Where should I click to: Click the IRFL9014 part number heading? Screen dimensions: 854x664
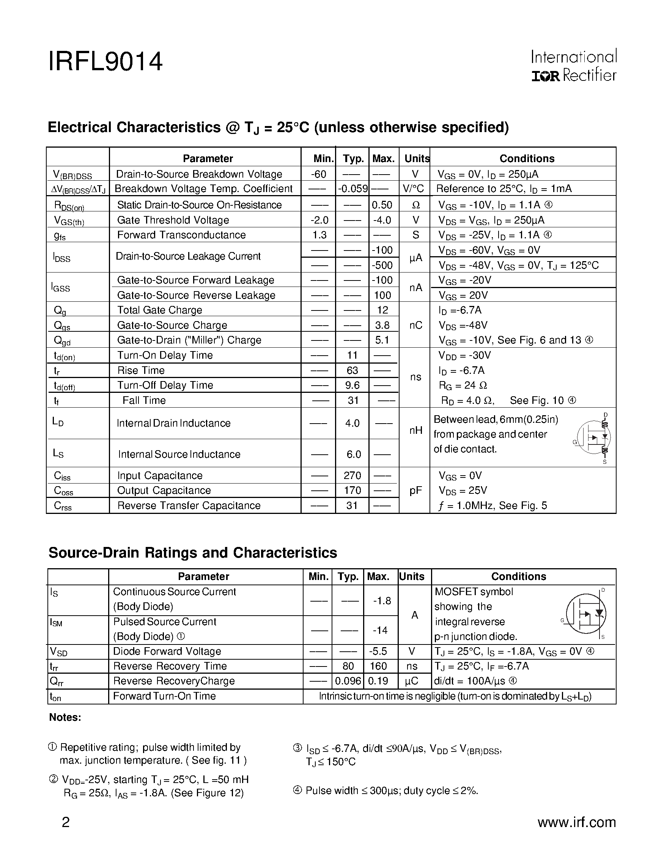105,62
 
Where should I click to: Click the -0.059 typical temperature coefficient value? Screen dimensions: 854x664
352,189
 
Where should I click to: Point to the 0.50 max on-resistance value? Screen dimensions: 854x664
382,205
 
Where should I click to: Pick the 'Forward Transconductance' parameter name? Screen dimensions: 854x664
181,235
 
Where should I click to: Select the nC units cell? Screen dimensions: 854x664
415,325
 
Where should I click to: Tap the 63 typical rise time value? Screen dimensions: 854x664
352,370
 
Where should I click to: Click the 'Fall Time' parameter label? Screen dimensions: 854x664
144,400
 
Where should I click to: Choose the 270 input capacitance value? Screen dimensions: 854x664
352,476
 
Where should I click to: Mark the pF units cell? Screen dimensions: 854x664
415,490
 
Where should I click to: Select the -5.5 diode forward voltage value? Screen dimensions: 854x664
378,651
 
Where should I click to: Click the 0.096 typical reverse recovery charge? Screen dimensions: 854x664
348,681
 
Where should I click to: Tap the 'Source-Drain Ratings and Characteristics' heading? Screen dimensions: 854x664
192,553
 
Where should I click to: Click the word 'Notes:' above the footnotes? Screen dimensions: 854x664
65,717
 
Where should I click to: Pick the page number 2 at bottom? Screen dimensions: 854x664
66,822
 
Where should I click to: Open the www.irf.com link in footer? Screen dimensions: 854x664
576,822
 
